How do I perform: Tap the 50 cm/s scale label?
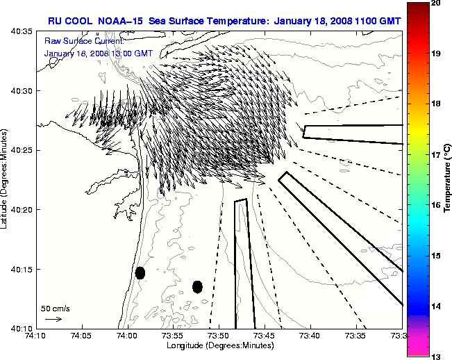click(x=55, y=308)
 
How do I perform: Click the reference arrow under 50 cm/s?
click(x=53, y=319)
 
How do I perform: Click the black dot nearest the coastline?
click(x=140, y=272)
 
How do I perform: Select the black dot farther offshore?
click(x=197, y=286)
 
